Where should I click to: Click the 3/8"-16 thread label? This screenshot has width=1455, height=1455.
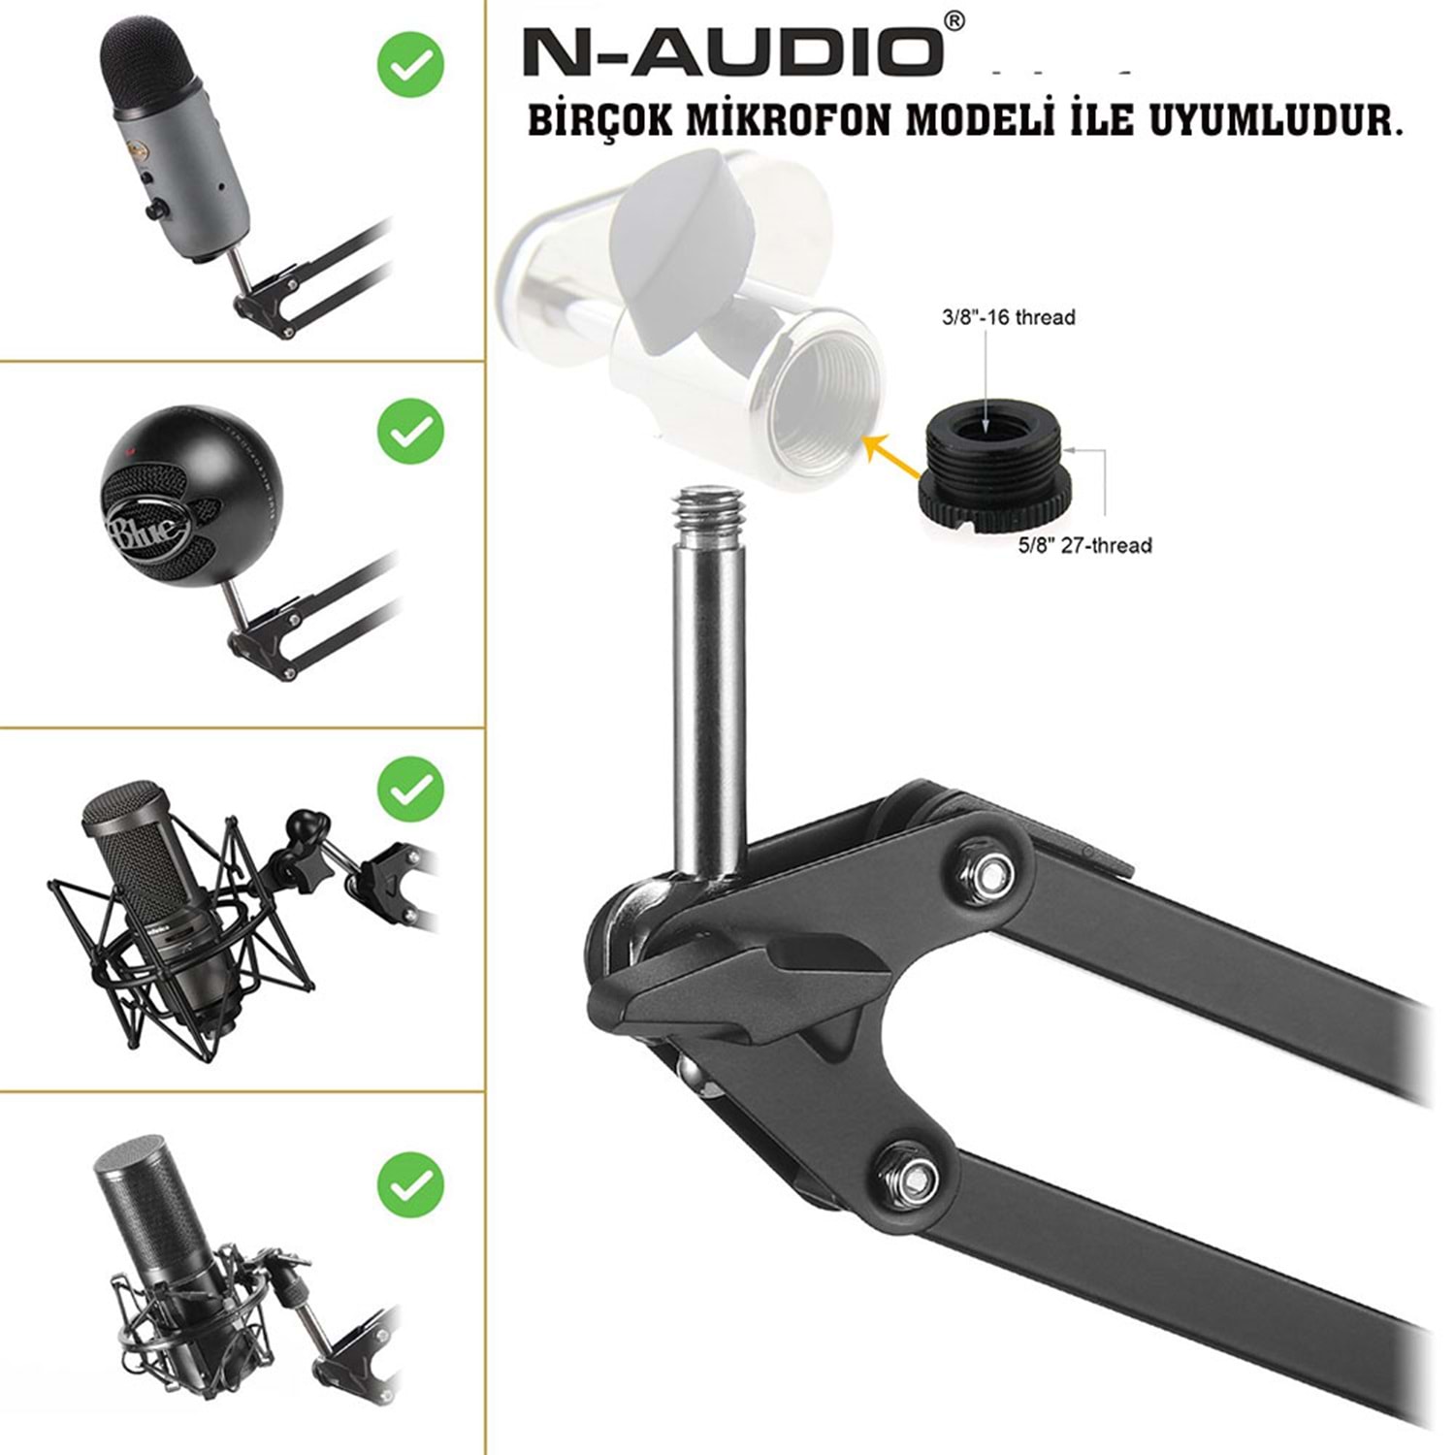(x=1008, y=317)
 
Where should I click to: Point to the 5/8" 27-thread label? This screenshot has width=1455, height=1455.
(x=1084, y=545)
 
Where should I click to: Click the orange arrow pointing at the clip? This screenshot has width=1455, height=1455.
(x=893, y=457)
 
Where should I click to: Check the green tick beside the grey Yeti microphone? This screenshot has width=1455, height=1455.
(x=410, y=64)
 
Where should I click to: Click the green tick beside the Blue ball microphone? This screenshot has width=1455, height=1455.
(x=410, y=431)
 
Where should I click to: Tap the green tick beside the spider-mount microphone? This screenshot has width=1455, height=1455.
(x=410, y=791)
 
